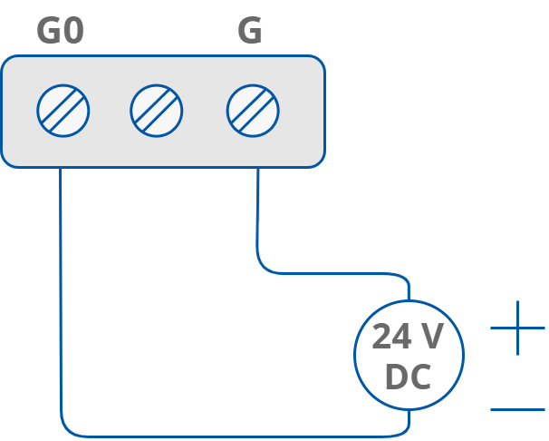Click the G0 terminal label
60,31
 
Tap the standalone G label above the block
250,31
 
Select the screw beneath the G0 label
63,111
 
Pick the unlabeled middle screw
157,111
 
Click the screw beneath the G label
253,111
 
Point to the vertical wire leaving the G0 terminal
61,290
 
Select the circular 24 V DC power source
409,354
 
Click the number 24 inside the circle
391,338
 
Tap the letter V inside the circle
432,338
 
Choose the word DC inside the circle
408,377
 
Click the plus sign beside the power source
517,328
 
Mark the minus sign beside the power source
517,409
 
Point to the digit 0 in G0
73,31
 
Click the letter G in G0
48,31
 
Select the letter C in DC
420,377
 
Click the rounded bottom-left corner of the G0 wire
65,429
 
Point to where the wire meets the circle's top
409,299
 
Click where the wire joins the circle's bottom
409,410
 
